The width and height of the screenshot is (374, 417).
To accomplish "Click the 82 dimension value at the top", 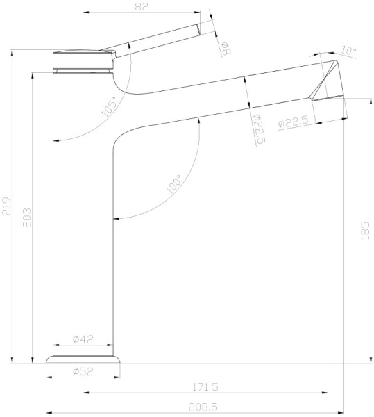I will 141,6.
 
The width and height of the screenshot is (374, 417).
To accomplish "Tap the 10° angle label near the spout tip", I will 349,51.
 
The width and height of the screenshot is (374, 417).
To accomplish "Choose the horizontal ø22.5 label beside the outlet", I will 292,122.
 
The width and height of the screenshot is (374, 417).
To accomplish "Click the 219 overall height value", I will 7,206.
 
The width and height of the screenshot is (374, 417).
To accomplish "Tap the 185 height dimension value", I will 365,230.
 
